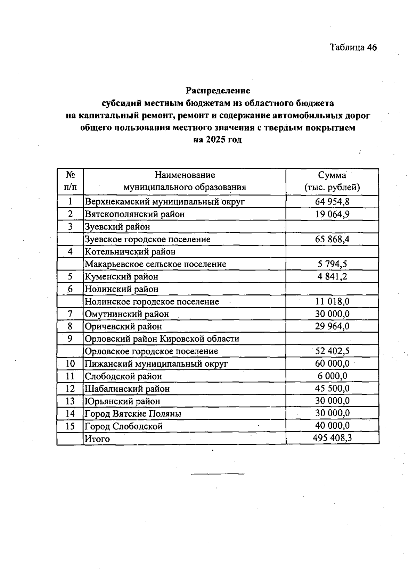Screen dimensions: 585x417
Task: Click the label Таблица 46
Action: [x=353, y=47]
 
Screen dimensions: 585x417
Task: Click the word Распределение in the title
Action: [x=218, y=91]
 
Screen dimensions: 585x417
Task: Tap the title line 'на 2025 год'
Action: [x=218, y=140]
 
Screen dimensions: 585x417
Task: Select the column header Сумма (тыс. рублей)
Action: [x=332, y=181]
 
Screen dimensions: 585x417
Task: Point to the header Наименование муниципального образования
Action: [x=185, y=181]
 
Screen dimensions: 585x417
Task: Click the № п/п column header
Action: [x=70, y=181]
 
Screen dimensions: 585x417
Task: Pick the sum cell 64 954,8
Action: [x=332, y=201]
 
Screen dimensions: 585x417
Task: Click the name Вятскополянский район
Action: [x=135, y=214]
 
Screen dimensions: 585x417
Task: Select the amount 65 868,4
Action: [x=332, y=239]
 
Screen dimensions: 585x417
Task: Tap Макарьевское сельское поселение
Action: [x=155, y=264]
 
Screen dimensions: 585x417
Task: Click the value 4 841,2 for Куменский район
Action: [x=332, y=276]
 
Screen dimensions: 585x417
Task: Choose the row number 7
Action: [x=70, y=314]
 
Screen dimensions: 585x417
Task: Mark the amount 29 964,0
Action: [x=332, y=326]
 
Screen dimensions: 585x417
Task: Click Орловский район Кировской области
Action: [x=162, y=339]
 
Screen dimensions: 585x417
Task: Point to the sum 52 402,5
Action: [x=332, y=351]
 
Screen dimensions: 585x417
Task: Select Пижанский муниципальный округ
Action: [x=156, y=364]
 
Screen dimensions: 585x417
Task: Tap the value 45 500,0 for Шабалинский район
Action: [x=332, y=388]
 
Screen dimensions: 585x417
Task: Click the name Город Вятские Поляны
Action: [x=133, y=414]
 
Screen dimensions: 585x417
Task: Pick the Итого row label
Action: [x=97, y=439]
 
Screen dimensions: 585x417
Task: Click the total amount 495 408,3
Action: [x=332, y=438]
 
